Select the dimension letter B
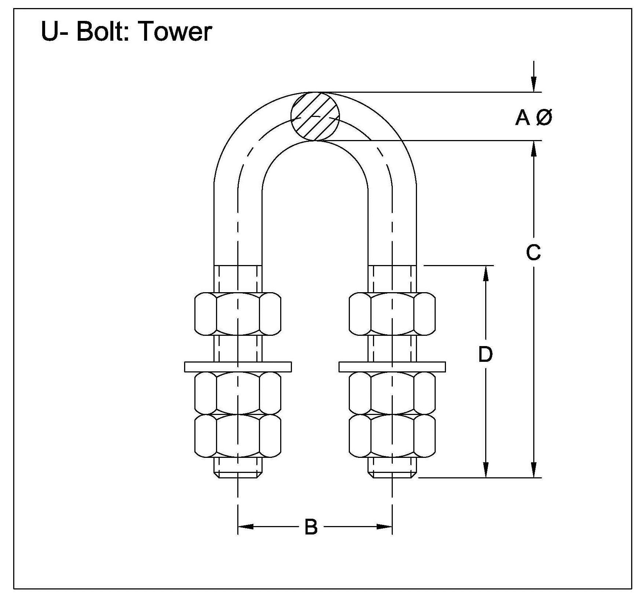(x=311, y=527)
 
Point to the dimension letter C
(x=533, y=252)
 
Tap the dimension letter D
(x=486, y=354)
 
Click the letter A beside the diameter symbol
(x=523, y=118)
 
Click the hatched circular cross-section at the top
(x=315, y=116)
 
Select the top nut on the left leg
(x=238, y=314)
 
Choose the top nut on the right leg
(x=392, y=314)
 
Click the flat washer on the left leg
(x=238, y=367)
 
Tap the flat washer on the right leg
(x=392, y=367)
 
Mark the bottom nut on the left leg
(x=238, y=436)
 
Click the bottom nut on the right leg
(x=392, y=436)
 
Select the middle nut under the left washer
(x=238, y=393)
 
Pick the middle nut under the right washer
(x=392, y=393)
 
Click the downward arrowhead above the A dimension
(x=534, y=84)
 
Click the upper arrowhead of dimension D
(x=486, y=273)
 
